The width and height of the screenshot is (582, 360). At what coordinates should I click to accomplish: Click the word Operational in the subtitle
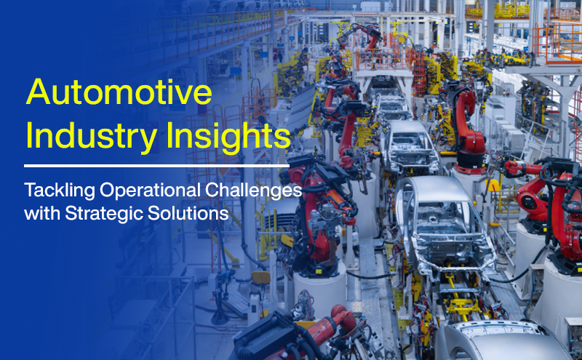coord(155,191)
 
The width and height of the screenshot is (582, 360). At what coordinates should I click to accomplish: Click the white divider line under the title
coord(156,166)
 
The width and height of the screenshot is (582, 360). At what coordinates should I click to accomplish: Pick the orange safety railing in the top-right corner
coord(560,36)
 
